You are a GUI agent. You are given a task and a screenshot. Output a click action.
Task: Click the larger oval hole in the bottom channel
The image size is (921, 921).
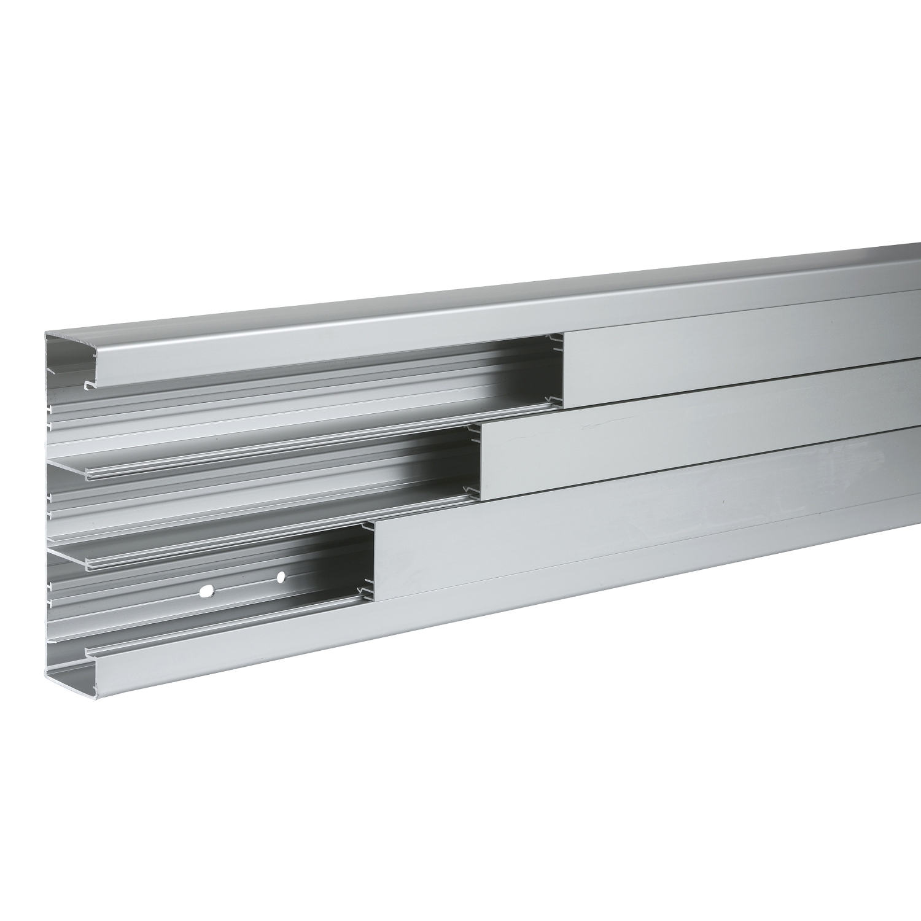coord(207,591)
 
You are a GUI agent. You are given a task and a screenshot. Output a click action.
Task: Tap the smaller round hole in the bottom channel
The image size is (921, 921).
coord(281,577)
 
